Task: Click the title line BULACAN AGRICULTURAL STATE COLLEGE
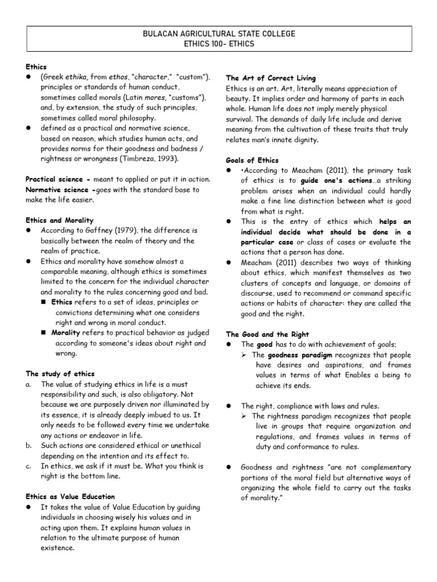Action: pos(218,34)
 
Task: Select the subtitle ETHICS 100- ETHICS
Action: pos(218,44)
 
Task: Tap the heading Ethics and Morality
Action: pos(60,220)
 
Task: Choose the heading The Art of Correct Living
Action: pos(270,78)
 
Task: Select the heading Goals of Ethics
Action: pos(252,160)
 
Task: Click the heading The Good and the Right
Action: pos(265,334)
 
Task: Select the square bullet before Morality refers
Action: pos(44,332)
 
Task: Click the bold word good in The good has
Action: pos(264,344)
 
